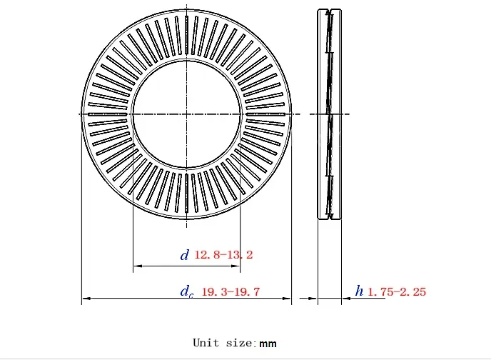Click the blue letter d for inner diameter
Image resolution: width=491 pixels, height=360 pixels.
[184, 254]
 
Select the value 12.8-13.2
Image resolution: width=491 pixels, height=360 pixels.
[224, 254]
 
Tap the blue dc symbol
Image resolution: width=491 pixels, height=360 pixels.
[186, 291]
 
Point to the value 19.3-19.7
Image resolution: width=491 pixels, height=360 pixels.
[231, 291]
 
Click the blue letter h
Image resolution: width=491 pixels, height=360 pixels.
[359, 291]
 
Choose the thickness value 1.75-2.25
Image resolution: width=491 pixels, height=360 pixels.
[397, 291]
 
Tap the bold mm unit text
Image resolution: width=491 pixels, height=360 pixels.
[268, 344]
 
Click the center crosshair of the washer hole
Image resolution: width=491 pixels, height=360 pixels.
[186, 114]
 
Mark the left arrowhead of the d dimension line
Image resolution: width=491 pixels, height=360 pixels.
[136, 266]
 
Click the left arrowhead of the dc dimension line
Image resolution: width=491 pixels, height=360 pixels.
[84, 299]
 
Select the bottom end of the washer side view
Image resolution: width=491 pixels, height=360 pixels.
[329, 218]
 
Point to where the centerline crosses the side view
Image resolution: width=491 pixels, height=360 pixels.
[329, 114]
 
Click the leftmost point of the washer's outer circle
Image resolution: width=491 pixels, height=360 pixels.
[81, 114]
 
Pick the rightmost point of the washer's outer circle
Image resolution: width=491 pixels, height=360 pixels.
[291, 114]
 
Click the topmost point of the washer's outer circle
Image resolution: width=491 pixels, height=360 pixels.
[186, 9]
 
